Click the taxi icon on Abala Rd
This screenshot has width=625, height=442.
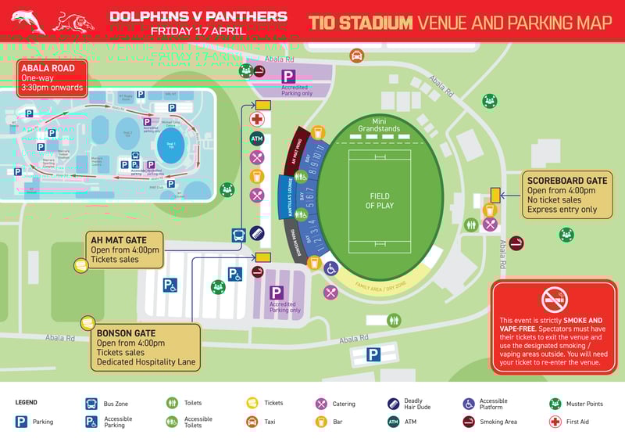(x=356, y=56)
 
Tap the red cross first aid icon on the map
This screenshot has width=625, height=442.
(x=257, y=119)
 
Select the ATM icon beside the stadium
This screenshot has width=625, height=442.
(x=257, y=138)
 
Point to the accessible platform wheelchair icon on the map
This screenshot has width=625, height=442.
(x=330, y=268)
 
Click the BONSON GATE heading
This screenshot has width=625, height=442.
(x=126, y=333)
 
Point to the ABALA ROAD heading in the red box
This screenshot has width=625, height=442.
(x=48, y=68)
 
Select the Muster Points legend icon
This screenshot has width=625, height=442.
(x=555, y=404)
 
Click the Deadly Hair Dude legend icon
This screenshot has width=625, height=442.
(x=394, y=404)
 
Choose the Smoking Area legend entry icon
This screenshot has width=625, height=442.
(x=468, y=422)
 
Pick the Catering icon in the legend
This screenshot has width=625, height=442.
(x=320, y=404)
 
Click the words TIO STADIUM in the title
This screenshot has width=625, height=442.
(x=360, y=23)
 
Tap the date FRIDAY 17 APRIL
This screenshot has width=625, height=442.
(x=198, y=31)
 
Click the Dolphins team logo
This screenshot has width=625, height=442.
(x=28, y=21)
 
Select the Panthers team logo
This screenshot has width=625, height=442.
(x=73, y=21)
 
